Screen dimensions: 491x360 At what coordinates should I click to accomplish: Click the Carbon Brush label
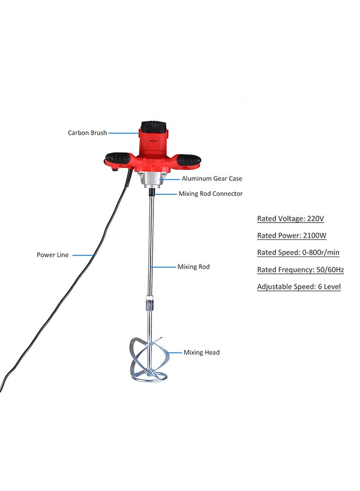click(x=87, y=133)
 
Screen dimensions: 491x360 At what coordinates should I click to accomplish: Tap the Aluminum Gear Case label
click(x=212, y=178)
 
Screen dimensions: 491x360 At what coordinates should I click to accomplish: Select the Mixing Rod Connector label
click(x=211, y=194)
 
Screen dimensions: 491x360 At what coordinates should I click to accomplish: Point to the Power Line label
click(x=52, y=255)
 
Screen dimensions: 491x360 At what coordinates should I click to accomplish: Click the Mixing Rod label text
click(x=193, y=267)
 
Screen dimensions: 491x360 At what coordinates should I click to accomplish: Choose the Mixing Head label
click(x=201, y=352)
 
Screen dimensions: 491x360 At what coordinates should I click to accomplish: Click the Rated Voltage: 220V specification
click(x=291, y=219)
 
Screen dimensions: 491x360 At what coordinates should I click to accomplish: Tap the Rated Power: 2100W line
click(x=292, y=236)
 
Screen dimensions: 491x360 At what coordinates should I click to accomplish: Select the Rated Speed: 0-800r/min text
click(x=298, y=253)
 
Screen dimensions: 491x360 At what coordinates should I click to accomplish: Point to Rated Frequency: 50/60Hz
click(x=301, y=270)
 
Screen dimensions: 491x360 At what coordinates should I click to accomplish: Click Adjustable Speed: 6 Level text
click(x=299, y=286)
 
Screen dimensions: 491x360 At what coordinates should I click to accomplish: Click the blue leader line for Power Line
click(x=83, y=255)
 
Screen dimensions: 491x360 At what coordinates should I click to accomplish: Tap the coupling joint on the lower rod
click(x=149, y=303)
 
